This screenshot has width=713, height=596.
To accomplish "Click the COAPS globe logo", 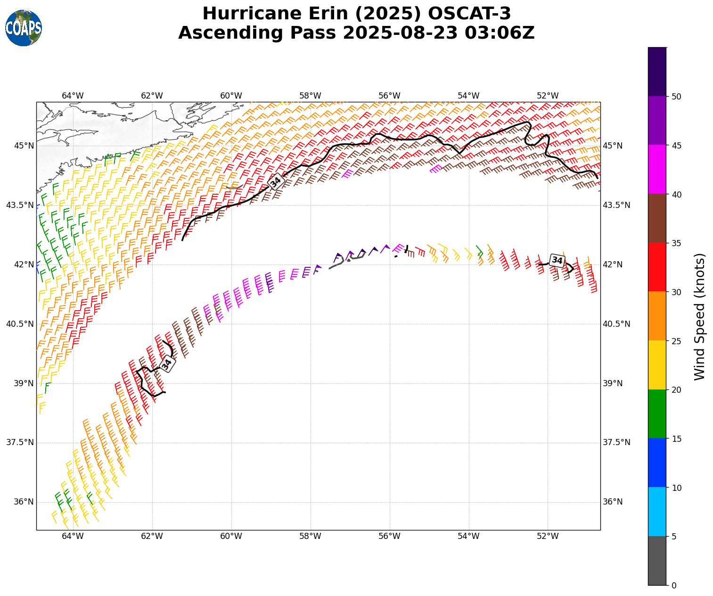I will coord(24,28).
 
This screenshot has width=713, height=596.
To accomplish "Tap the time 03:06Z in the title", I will coord(500,33).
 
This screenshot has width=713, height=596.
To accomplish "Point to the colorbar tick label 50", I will coord(677,97).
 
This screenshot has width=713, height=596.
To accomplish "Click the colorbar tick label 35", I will coord(677,243).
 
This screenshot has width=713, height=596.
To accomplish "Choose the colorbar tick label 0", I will coord(674,585).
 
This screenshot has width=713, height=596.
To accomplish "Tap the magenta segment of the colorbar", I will coord(657,169).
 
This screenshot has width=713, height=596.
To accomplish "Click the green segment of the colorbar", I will coord(657,414).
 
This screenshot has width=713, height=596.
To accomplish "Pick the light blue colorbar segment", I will coord(657,512).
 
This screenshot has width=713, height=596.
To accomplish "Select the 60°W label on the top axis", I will coord(231,96).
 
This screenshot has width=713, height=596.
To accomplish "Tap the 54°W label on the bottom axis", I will coord(468,536).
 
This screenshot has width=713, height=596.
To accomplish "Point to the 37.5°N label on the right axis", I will coord(616,442).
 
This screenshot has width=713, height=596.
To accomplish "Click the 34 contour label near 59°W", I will coord(276,181).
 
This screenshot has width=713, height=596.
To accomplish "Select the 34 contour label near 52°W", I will coord(557,260).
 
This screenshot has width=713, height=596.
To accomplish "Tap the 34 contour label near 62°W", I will coord(166,364).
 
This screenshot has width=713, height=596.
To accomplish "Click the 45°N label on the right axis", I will coord(613,146).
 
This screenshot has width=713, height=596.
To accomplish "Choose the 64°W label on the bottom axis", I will coord(73,536).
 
